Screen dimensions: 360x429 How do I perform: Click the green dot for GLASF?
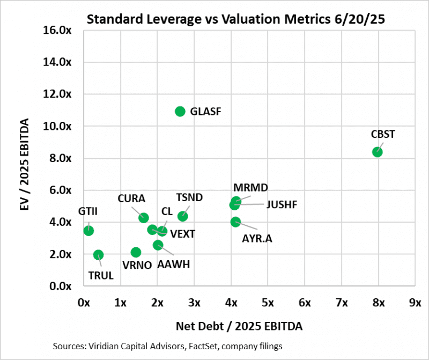coord(180,111)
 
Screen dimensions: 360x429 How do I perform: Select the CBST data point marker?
coord(377,152)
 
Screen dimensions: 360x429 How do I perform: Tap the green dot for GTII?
coord(89,231)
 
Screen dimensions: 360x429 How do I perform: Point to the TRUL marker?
coord(98,255)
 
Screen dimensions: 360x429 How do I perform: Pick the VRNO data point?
coord(136,252)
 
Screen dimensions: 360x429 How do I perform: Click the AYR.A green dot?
coord(235,222)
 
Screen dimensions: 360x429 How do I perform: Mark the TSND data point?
coord(182,216)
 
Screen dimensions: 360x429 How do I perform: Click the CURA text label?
coord(130,198)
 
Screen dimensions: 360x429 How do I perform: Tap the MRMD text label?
coord(250,188)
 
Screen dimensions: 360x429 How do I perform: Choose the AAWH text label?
coord(173,265)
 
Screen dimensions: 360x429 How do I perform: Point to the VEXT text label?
coord(183,234)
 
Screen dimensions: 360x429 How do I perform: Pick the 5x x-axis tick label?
coord(268,303)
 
